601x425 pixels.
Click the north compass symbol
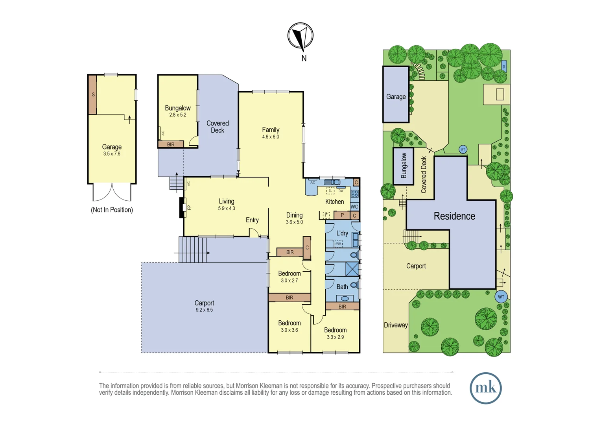coord(300,36)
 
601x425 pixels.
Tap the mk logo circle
coord(485,388)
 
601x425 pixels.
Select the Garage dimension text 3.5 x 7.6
coord(112,154)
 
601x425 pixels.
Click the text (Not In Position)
coord(112,210)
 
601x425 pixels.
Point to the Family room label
coord(271,130)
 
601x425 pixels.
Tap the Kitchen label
coord(334,201)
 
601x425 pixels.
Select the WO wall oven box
coord(354,207)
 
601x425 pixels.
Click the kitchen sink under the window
coord(332,182)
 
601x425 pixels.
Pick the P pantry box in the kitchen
coord(342,215)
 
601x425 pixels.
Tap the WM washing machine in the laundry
coord(338,244)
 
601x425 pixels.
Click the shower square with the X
coord(352,269)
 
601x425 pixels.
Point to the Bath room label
coord(342,287)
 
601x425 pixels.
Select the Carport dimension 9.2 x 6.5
coord(204,310)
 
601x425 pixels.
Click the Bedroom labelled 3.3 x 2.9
coord(335,333)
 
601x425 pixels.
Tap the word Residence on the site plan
coord(454,216)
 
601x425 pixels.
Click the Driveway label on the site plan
coord(396,325)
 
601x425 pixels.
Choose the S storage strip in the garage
coord(92,94)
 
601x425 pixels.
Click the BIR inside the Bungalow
coord(171,144)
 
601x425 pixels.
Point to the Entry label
coord(252,220)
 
